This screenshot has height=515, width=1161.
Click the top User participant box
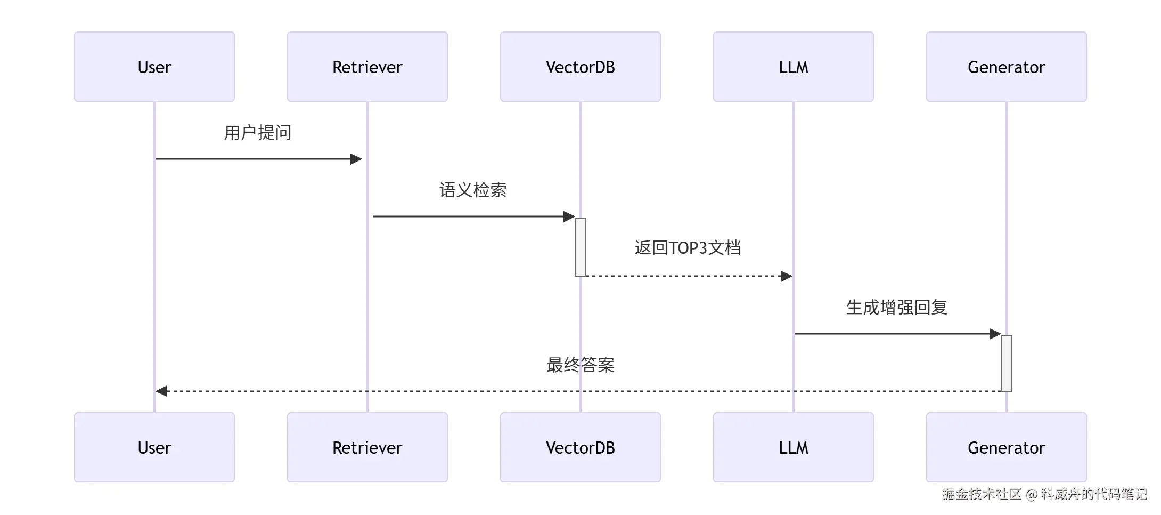click(x=154, y=67)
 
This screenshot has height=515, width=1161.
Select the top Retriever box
click(x=367, y=67)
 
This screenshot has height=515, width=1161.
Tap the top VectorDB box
click(x=580, y=67)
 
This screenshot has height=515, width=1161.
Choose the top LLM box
click(x=794, y=67)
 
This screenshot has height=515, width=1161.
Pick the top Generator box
click(x=1007, y=67)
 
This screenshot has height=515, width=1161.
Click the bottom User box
click(x=154, y=447)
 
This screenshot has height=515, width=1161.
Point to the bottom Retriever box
click(x=367, y=447)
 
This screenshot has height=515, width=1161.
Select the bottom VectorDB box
click(x=580, y=447)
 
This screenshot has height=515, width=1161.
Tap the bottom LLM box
click(x=794, y=447)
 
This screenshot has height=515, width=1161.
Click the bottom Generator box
click(x=1007, y=447)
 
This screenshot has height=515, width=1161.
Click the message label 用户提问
click(x=258, y=132)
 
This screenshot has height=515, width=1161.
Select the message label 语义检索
click(x=473, y=190)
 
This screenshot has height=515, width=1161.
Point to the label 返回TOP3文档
click(x=688, y=248)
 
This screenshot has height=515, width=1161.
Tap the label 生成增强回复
click(x=897, y=308)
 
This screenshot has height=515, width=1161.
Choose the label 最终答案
click(x=580, y=365)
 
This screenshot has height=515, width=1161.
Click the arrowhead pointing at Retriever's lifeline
click(x=356, y=159)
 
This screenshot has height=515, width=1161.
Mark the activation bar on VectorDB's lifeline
click(x=580, y=247)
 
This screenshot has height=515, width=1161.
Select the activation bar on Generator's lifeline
click(x=1007, y=363)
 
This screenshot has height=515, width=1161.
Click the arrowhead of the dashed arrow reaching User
click(x=161, y=391)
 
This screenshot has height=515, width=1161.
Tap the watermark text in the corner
click(x=1044, y=494)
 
